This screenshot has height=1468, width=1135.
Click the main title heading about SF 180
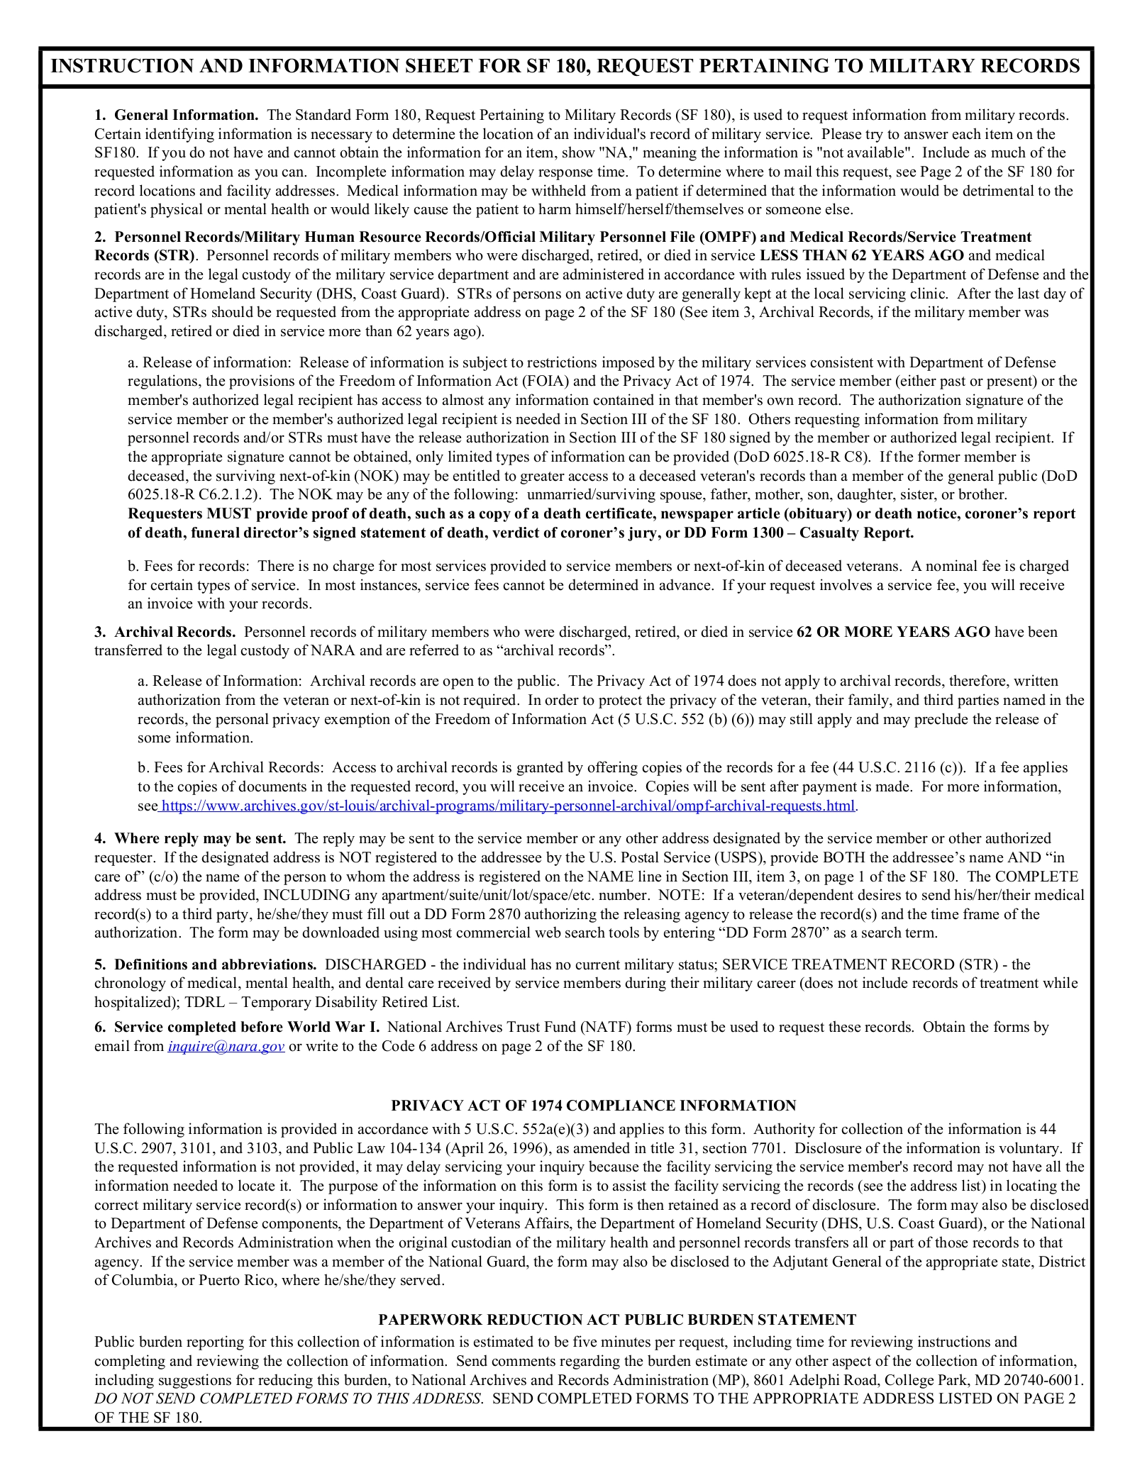565,67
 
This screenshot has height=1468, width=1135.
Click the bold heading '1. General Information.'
176,115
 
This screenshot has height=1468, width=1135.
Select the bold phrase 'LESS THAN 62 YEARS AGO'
861,255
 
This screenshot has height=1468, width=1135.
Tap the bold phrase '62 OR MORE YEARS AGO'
893,632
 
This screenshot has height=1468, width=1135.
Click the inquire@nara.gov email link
226,1046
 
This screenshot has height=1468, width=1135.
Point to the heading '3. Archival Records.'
165,632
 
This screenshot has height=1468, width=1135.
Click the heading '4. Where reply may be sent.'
190,838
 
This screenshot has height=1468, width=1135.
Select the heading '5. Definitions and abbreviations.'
206,964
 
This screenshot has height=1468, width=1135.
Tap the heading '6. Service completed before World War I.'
238,1027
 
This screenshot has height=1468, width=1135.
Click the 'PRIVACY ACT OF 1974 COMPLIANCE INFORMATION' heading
593,1106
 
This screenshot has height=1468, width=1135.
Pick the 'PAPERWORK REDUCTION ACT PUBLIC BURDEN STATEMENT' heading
616,1320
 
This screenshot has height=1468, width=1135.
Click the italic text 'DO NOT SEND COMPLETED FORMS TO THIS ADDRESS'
289,1399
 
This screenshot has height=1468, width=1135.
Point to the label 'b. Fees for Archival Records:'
231,767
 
